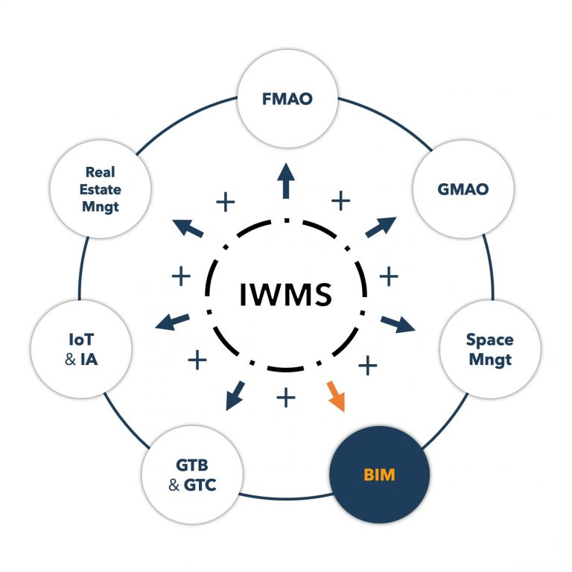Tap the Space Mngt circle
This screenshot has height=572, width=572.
click(x=489, y=349)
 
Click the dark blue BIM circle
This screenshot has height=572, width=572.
click(x=380, y=474)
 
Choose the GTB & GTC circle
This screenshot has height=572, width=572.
click(x=191, y=474)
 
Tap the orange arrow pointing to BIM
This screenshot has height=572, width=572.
click(x=335, y=396)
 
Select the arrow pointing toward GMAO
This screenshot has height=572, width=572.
click(x=381, y=227)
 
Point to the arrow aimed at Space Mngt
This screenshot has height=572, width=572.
click(x=398, y=322)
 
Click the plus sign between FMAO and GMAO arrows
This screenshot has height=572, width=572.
click(x=340, y=200)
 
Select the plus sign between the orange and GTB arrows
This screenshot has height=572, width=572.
click(x=285, y=397)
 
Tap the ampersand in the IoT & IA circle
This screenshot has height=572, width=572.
click(x=71, y=360)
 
